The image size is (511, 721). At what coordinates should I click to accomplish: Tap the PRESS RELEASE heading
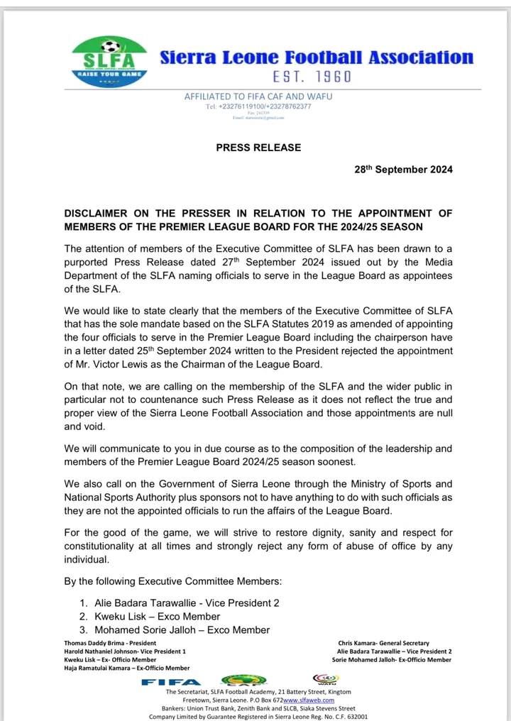pyautogui.click(x=258, y=148)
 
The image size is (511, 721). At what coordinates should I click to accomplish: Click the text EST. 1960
pyautogui.click(x=312, y=76)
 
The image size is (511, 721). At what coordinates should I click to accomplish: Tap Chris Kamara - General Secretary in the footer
pyautogui.click(x=395, y=643)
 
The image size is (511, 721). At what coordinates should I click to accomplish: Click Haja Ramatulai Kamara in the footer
pyautogui.click(x=127, y=668)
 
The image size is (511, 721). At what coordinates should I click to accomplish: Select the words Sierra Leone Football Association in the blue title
pyautogui.click(x=316, y=57)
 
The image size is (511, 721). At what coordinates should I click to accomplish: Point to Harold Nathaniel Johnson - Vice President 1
pyautogui.click(x=125, y=651)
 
